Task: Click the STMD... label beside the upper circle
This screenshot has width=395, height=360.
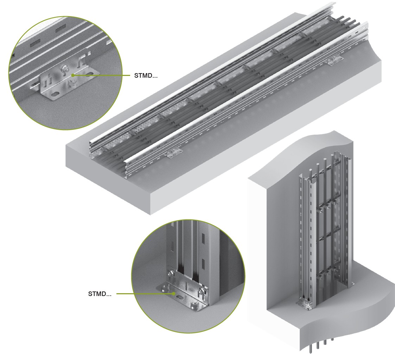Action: (146, 76)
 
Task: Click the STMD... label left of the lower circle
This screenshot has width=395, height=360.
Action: (100, 294)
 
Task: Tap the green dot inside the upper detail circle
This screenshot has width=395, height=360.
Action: (72, 75)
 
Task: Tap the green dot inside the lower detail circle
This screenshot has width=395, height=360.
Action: (174, 293)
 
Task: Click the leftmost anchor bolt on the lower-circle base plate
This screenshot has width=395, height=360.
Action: (165, 288)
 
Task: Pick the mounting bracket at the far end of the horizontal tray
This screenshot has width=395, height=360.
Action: (335, 60)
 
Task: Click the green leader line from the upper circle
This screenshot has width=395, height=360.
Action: (101, 75)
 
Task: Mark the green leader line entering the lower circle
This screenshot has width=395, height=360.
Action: (145, 294)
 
